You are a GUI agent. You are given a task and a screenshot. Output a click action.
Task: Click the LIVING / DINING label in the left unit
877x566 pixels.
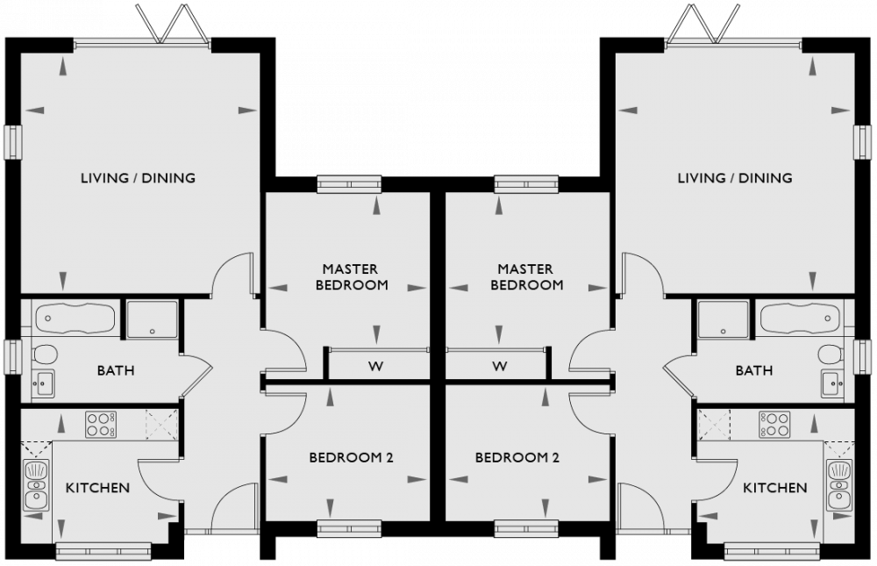pyautogui.click(x=138, y=178)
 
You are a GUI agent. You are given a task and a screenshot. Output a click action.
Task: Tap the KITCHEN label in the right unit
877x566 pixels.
pyautogui.click(x=774, y=487)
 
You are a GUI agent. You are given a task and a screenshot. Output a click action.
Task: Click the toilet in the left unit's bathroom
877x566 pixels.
pyautogui.click(x=44, y=355)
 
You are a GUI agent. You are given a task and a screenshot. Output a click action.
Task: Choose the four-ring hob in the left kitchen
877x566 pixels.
pyautogui.click(x=102, y=425)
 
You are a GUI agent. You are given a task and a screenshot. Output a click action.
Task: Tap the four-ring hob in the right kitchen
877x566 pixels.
pyautogui.click(x=775, y=425)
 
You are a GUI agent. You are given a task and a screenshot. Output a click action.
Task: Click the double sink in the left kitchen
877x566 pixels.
pyautogui.click(x=36, y=488)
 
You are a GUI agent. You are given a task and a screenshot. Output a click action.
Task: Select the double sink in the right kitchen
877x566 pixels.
pyautogui.click(x=838, y=488)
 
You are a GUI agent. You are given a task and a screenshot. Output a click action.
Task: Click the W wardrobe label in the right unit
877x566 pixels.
pyautogui.click(x=500, y=366)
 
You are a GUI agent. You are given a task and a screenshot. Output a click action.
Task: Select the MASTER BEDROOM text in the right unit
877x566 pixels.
pyautogui.click(x=526, y=277)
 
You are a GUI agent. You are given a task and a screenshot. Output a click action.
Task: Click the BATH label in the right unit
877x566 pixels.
pyautogui.click(x=754, y=370)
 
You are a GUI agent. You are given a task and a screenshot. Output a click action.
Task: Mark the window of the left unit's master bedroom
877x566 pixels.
pyautogui.click(x=349, y=183)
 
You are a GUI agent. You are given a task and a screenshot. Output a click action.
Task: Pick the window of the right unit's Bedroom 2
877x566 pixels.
pyautogui.click(x=526, y=528)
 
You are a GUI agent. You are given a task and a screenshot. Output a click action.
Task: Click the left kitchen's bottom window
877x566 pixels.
pyautogui.click(x=92, y=550)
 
